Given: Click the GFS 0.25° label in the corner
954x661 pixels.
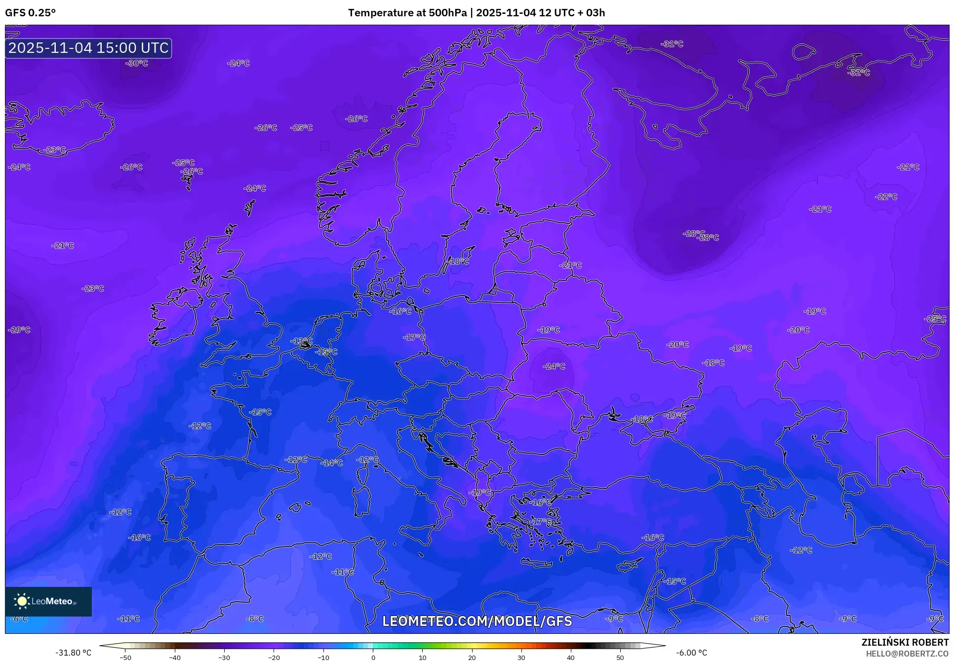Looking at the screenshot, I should point(30,13).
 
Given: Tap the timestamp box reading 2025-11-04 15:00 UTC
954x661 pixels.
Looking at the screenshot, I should point(88,48).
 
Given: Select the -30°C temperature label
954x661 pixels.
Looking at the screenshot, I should point(137,63).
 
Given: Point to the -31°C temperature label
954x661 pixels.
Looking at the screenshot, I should point(672,44).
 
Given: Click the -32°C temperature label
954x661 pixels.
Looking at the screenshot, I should point(859,73).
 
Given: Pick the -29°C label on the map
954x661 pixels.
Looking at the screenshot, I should point(19,330).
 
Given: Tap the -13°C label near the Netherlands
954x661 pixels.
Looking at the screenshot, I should point(301,341).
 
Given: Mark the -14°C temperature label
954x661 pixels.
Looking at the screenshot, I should point(331,463).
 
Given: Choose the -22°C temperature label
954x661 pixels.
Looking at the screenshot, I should point(886,197).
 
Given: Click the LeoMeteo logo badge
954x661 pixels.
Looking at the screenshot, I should point(48,601).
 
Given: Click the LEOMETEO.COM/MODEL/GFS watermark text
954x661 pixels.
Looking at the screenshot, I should point(477,621).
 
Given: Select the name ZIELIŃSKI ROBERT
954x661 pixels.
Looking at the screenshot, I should point(905,642).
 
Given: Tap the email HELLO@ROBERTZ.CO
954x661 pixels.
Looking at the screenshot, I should point(907,654).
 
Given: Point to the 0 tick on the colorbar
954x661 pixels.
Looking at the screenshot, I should point(373,657).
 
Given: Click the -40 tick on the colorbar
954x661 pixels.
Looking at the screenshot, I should point(175,657).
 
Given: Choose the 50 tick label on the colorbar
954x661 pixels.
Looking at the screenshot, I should point(620,657).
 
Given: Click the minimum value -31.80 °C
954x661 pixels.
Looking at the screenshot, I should point(74,653).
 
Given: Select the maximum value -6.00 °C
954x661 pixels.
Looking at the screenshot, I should point(691,653).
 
